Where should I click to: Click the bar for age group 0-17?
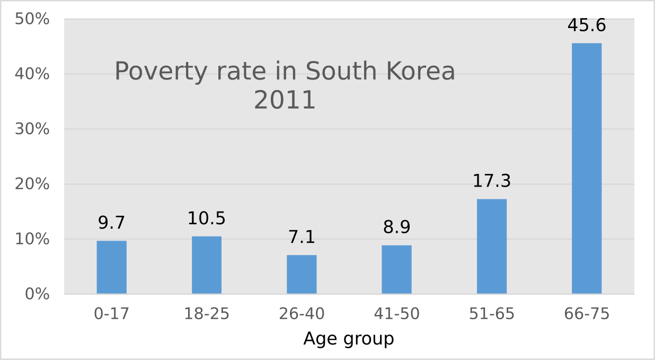coord(111,267)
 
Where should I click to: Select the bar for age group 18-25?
coord(207,265)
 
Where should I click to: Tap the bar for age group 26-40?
coord(302,274)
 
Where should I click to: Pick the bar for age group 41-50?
coord(396,269)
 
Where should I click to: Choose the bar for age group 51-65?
coord(492,246)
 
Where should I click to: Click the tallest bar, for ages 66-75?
coord(587,168)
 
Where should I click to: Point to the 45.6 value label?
coord(587,25)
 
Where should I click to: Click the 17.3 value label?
coord(492,181)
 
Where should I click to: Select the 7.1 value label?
coord(302,237)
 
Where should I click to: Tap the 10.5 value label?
coord(207,218)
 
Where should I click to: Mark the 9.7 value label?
coord(111,223)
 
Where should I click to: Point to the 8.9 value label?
coord(396,227)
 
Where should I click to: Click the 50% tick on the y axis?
coord(32,19)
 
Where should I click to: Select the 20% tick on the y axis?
coord(32,184)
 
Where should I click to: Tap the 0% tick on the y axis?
coord(37,294)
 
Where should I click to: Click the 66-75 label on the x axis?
coord(587,314)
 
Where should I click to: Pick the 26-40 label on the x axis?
coord(302,314)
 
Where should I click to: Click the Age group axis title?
coord(349,338)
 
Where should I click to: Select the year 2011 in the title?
coord(285,100)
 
